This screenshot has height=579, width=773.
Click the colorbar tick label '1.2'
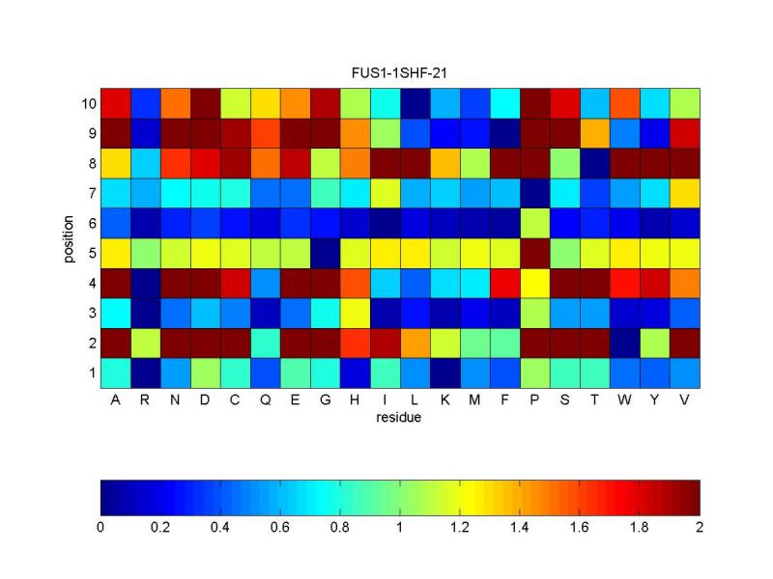click(460, 528)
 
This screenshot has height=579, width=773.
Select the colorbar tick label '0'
click(100, 528)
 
